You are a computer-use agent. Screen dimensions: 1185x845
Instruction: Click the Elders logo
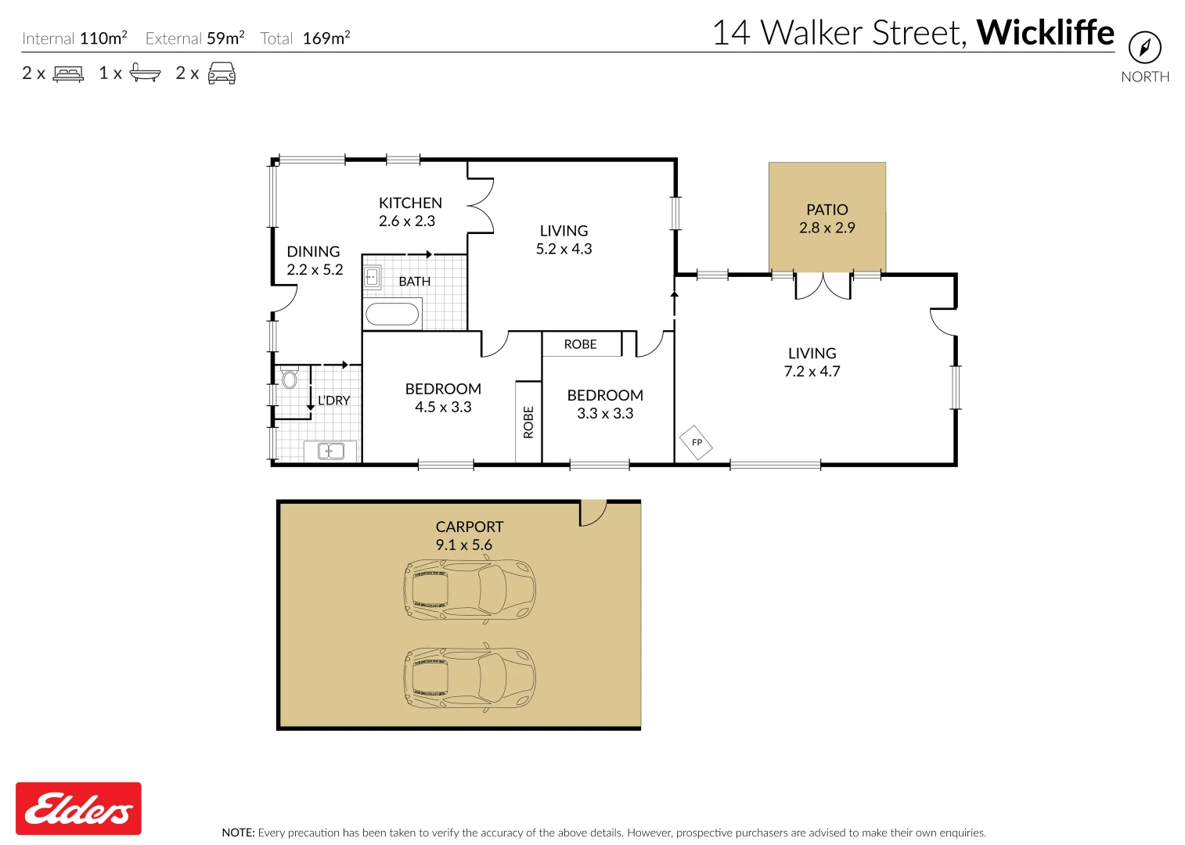[78, 808]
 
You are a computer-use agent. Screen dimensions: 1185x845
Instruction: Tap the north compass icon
[1145, 48]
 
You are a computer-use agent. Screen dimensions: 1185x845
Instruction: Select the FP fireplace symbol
[696, 443]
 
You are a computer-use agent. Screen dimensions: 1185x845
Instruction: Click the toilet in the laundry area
[289, 379]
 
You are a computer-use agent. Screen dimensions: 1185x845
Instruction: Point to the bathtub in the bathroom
[392, 314]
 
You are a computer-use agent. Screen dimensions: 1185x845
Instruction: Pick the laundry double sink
[330, 451]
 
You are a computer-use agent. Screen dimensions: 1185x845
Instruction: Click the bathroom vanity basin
[372, 277]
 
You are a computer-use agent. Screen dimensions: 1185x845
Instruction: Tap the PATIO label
[827, 210]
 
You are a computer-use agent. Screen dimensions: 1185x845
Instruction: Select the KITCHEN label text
[410, 203]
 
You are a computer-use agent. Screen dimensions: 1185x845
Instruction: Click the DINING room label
[313, 252]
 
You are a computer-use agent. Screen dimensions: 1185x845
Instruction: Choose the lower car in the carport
[470, 678]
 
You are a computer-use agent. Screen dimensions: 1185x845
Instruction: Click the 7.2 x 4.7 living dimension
[812, 371]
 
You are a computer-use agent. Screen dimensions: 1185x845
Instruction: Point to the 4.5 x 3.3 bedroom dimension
[443, 407]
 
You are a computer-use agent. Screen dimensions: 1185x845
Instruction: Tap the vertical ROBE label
[528, 422]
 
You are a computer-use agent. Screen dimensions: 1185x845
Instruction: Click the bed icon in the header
[68, 74]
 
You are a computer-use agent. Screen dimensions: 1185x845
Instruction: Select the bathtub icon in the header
[145, 73]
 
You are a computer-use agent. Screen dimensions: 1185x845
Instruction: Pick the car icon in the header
[222, 73]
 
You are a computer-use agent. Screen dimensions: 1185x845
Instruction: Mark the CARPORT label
[470, 527]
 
